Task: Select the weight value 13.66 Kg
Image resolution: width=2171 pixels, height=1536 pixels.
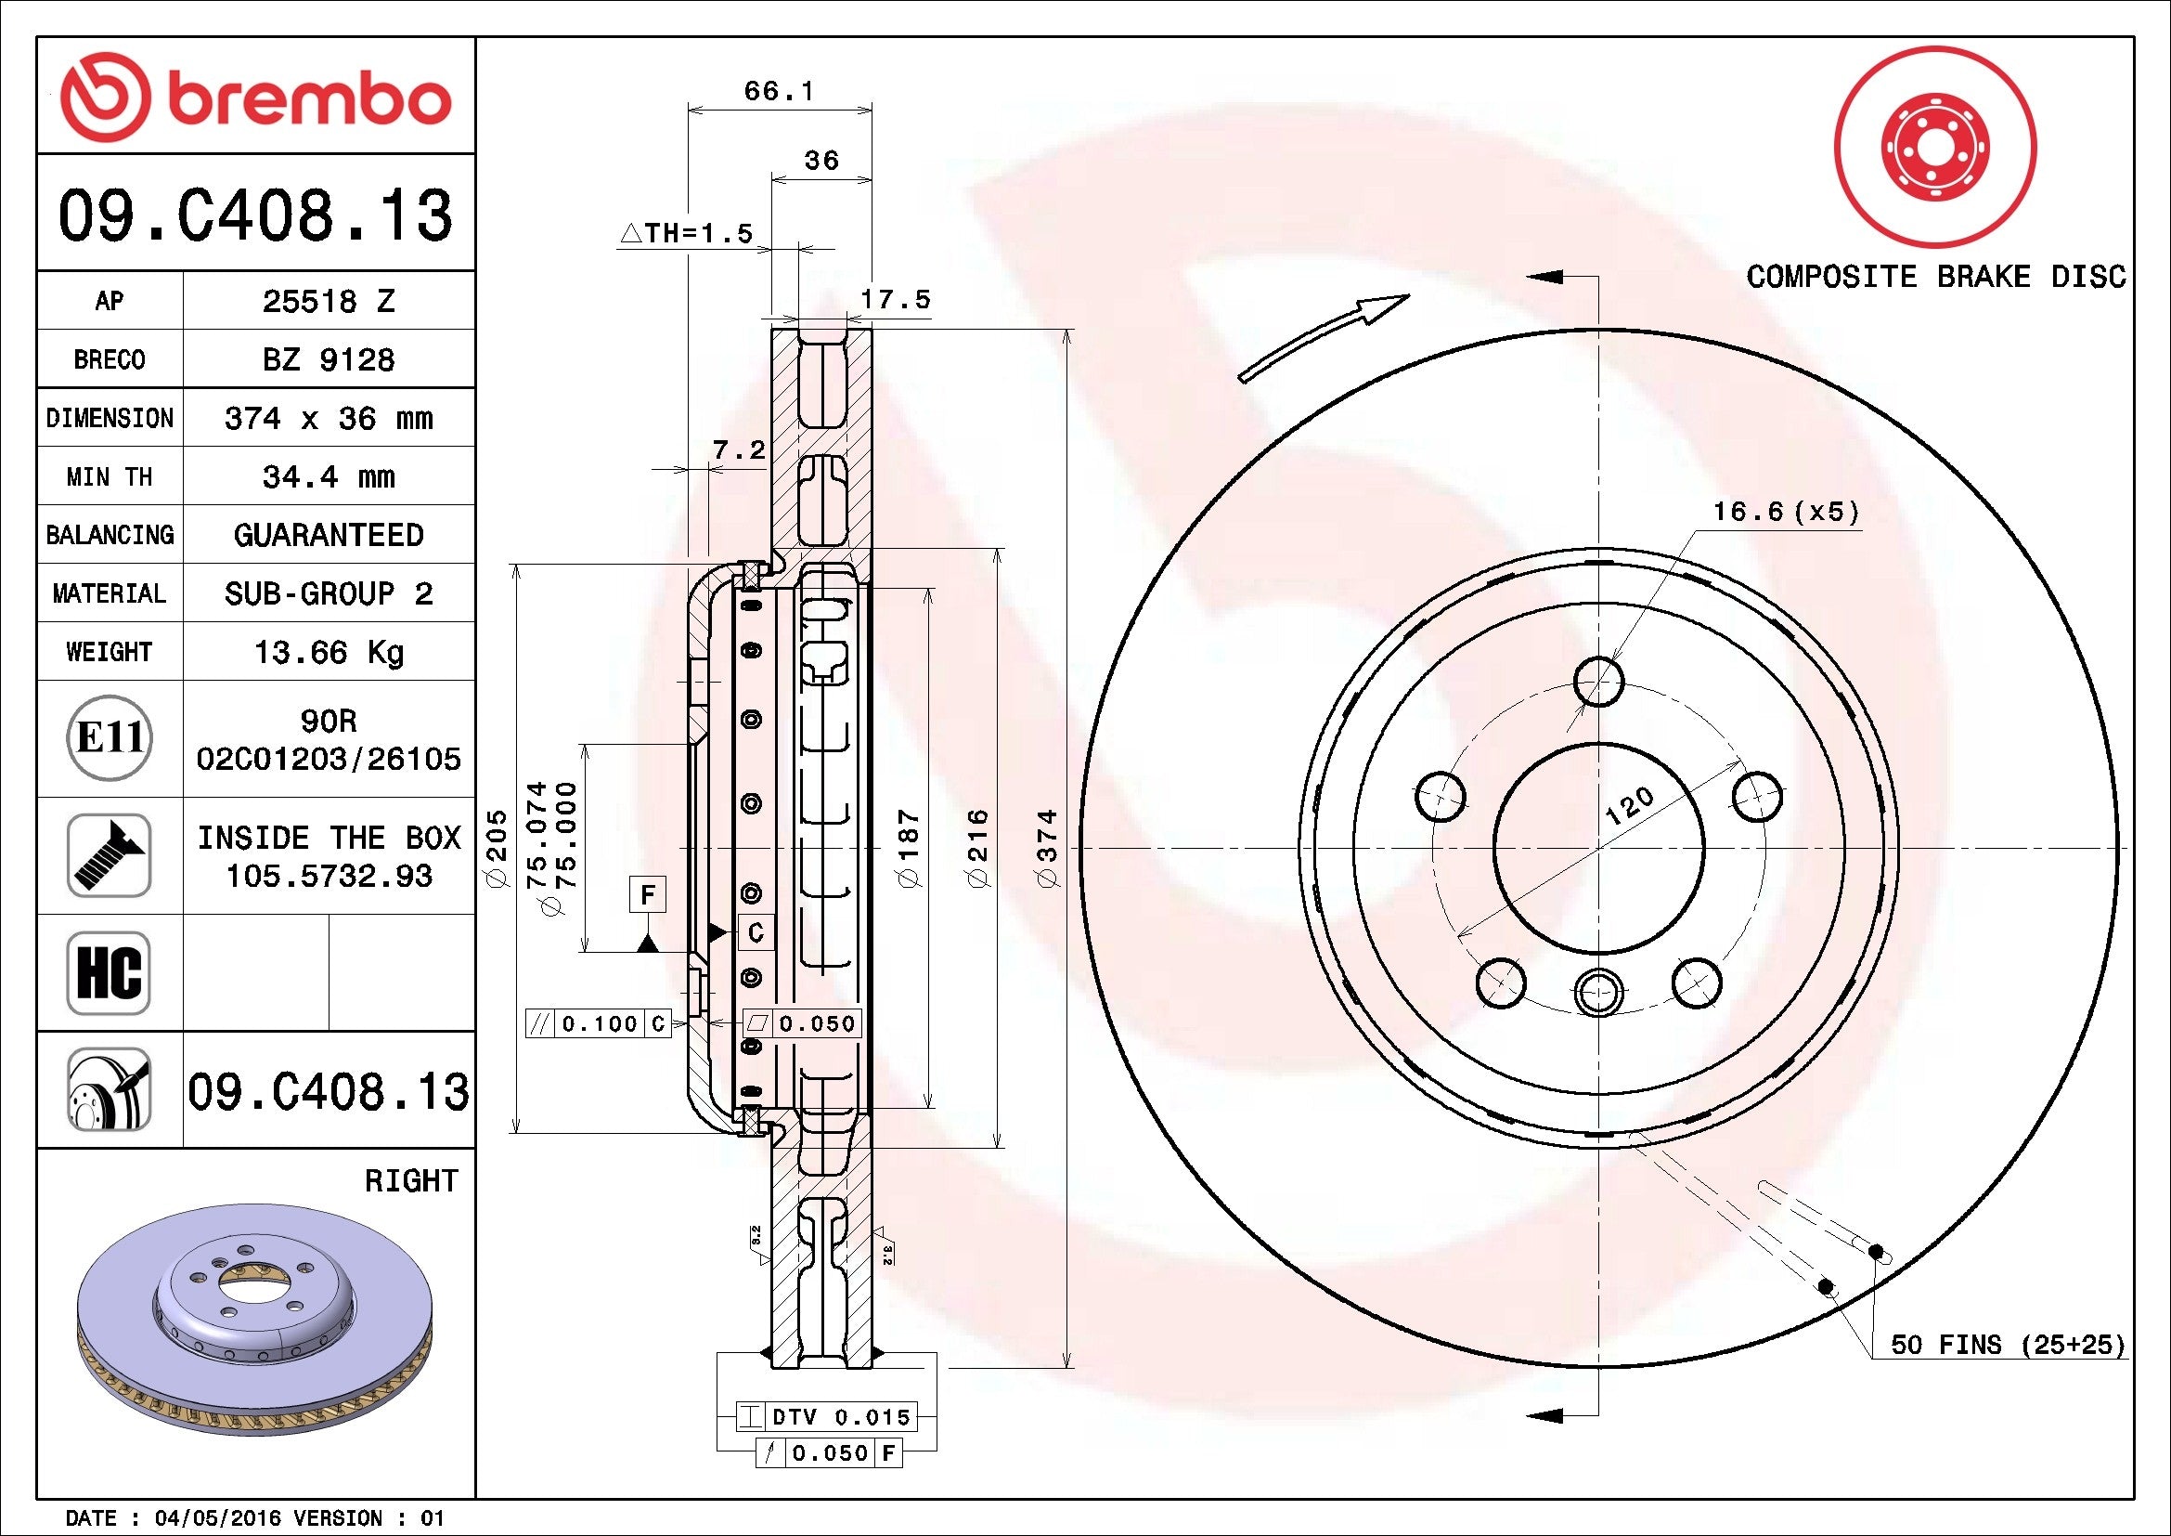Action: coord(328,652)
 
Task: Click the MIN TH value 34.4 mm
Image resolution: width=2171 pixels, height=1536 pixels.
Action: coord(328,476)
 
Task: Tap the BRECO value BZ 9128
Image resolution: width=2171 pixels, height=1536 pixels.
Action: coord(328,359)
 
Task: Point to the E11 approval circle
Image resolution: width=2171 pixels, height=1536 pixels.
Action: coord(109,737)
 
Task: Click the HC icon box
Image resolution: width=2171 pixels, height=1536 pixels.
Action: coord(109,972)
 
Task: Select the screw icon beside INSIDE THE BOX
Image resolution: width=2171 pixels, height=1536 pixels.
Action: coord(109,855)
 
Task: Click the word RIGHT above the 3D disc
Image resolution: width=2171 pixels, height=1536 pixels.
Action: coord(410,1180)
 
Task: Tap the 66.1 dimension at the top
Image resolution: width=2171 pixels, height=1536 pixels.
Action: coord(777,92)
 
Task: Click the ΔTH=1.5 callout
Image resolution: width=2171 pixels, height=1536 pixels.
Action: coord(688,233)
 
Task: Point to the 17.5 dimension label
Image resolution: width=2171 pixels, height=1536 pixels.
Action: coord(895,300)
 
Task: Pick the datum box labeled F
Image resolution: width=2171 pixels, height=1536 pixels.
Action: coord(648,893)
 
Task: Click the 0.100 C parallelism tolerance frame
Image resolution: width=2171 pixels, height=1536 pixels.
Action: coord(599,1023)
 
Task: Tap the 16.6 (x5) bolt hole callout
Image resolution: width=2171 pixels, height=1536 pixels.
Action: coord(1785,512)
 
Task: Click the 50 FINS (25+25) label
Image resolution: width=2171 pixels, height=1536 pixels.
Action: coord(2007,1344)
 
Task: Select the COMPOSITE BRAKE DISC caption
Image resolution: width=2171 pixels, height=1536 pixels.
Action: coord(1934,276)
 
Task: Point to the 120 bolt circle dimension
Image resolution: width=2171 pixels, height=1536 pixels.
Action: coord(1629,806)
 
